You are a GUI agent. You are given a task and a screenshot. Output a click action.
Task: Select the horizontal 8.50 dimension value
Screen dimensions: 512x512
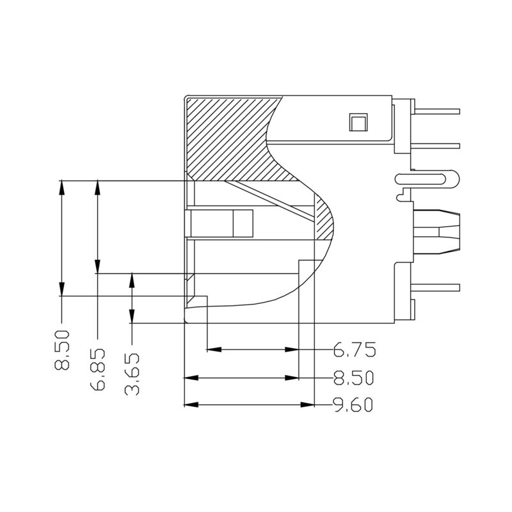[354, 378]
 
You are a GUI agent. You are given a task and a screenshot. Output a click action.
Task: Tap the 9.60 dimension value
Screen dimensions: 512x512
[354, 406]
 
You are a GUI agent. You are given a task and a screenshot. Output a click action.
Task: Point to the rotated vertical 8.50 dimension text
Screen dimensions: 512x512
[62, 351]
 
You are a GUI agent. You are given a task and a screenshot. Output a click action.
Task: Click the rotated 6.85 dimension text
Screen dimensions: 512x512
[98, 371]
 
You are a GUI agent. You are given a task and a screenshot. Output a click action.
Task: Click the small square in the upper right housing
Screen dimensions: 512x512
[356, 122]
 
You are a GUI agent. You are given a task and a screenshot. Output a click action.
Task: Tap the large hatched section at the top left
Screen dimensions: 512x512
[224, 138]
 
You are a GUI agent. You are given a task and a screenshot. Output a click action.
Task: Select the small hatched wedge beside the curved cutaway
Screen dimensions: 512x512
[325, 218]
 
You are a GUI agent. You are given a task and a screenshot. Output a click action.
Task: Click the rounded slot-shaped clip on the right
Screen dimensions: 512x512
[426, 180]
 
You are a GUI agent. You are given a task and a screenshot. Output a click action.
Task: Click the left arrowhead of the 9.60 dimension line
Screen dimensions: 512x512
[189, 405]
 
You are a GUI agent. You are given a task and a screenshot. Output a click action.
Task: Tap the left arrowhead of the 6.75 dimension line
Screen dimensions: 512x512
[212, 349]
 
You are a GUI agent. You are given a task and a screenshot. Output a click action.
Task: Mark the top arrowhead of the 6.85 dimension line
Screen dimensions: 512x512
[97, 186]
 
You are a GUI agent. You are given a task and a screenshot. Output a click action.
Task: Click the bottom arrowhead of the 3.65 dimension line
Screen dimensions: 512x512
[132, 318]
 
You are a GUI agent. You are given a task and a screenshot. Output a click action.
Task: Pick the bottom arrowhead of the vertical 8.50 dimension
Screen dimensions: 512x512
[61, 291]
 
